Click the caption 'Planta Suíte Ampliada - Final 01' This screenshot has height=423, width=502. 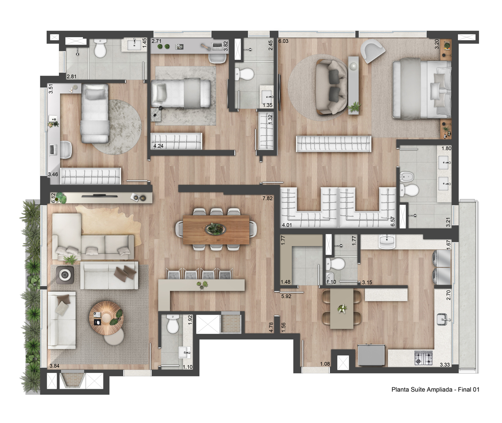435,389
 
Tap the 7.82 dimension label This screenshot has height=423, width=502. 267,198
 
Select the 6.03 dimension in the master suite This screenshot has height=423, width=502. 283,41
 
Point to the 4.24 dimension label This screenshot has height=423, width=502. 158,146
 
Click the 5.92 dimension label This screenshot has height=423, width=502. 286,296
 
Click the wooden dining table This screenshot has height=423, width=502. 216,229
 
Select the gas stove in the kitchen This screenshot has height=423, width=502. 424,358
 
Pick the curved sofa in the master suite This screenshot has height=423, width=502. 332,87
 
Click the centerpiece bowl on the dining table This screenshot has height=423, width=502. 216,229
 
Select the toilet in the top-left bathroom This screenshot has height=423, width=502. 100,49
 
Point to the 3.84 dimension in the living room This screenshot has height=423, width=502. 54,366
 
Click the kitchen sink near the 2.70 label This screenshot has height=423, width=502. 444,319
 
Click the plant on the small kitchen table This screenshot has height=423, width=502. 342,309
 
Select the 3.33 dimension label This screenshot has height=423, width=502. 445,364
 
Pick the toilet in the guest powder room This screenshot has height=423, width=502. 173,323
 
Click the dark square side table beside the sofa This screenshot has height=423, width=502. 65,275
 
